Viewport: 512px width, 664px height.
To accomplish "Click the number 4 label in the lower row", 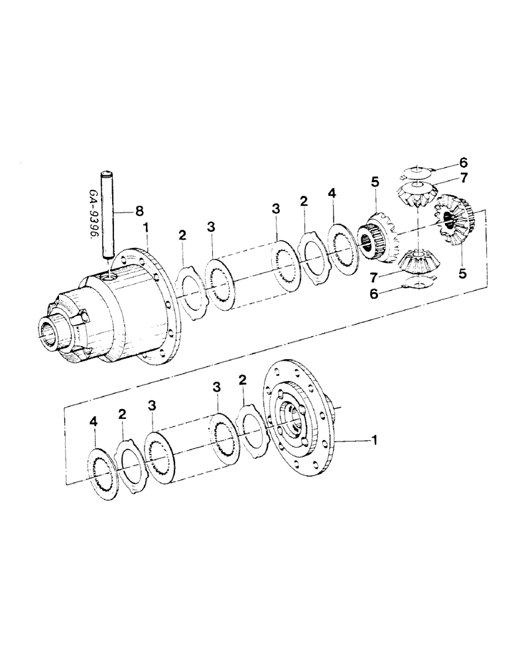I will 94,421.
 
